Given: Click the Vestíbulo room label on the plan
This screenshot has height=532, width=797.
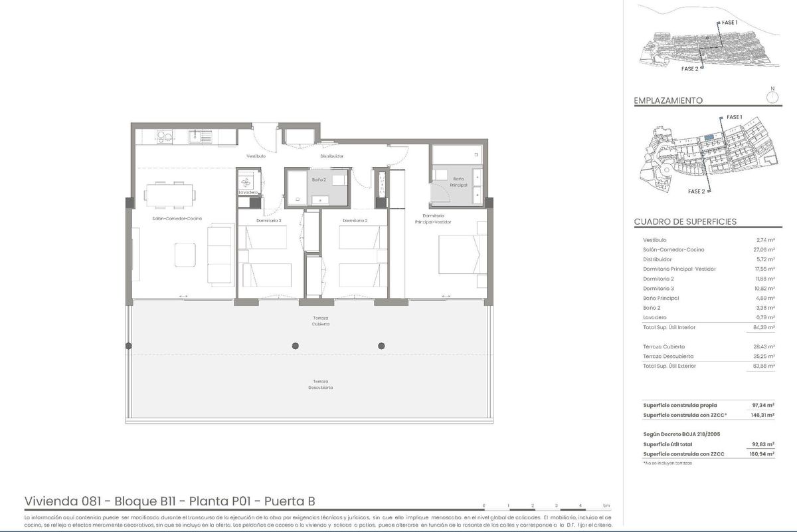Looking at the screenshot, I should [x=256, y=156].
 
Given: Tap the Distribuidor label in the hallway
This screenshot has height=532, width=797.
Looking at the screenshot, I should [x=331, y=156].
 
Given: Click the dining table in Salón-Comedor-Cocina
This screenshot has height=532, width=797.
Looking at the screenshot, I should [x=170, y=194].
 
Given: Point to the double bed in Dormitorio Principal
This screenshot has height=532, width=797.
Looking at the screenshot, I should [x=459, y=254].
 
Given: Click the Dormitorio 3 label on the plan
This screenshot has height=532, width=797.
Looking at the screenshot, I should [x=269, y=220].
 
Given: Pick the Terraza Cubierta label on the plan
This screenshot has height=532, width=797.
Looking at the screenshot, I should [x=321, y=321].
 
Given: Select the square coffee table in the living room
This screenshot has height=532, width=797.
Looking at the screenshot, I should [x=185, y=254].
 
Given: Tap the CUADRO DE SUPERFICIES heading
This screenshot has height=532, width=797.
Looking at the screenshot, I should [x=685, y=221].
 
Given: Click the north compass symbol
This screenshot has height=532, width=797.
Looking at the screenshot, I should [x=772, y=97].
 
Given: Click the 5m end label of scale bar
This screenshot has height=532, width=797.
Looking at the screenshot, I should [x=606, y=506].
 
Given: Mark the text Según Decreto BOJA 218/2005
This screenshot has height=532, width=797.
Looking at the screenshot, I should [x=677, y=434].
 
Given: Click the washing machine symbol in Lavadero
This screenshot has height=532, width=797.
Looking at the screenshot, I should [x=247, y=181].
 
